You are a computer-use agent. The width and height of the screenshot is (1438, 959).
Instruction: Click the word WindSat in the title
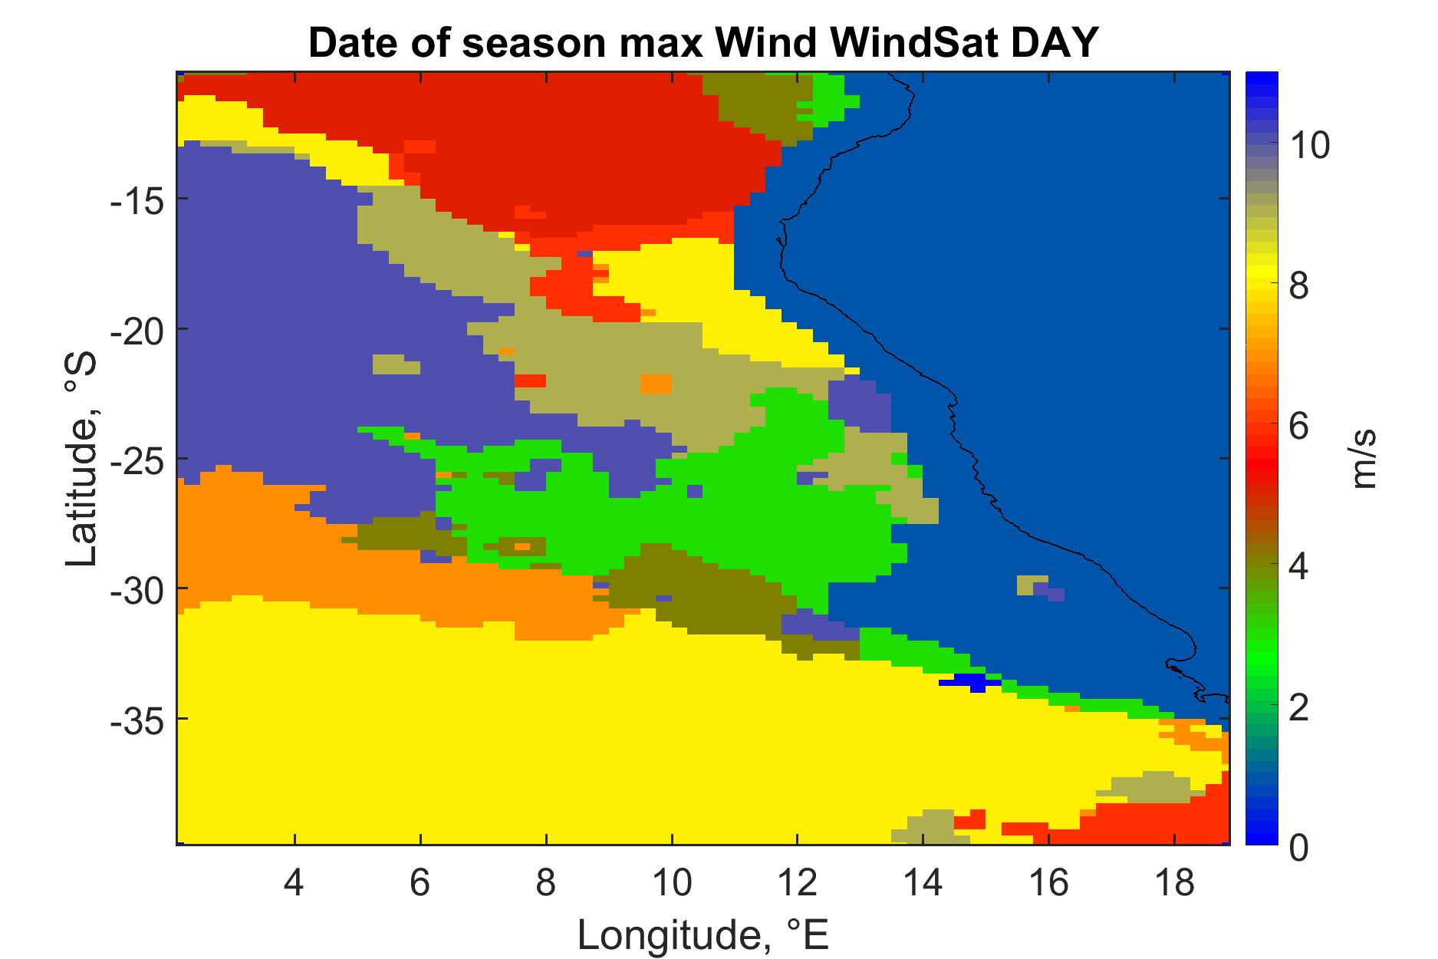coord(884,44)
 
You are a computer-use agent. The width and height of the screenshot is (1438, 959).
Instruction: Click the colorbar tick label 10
coord(1309,144)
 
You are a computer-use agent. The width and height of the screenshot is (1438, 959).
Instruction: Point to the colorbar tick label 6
coord(1298,426)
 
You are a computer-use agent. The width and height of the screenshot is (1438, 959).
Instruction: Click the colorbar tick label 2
coord(1298,707)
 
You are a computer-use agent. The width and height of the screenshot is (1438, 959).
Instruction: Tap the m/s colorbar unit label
coord(1364,460)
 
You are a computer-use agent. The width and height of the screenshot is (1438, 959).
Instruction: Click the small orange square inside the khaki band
coord(656,383)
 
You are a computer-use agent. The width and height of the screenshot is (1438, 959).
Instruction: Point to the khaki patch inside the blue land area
coord(1032,585)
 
